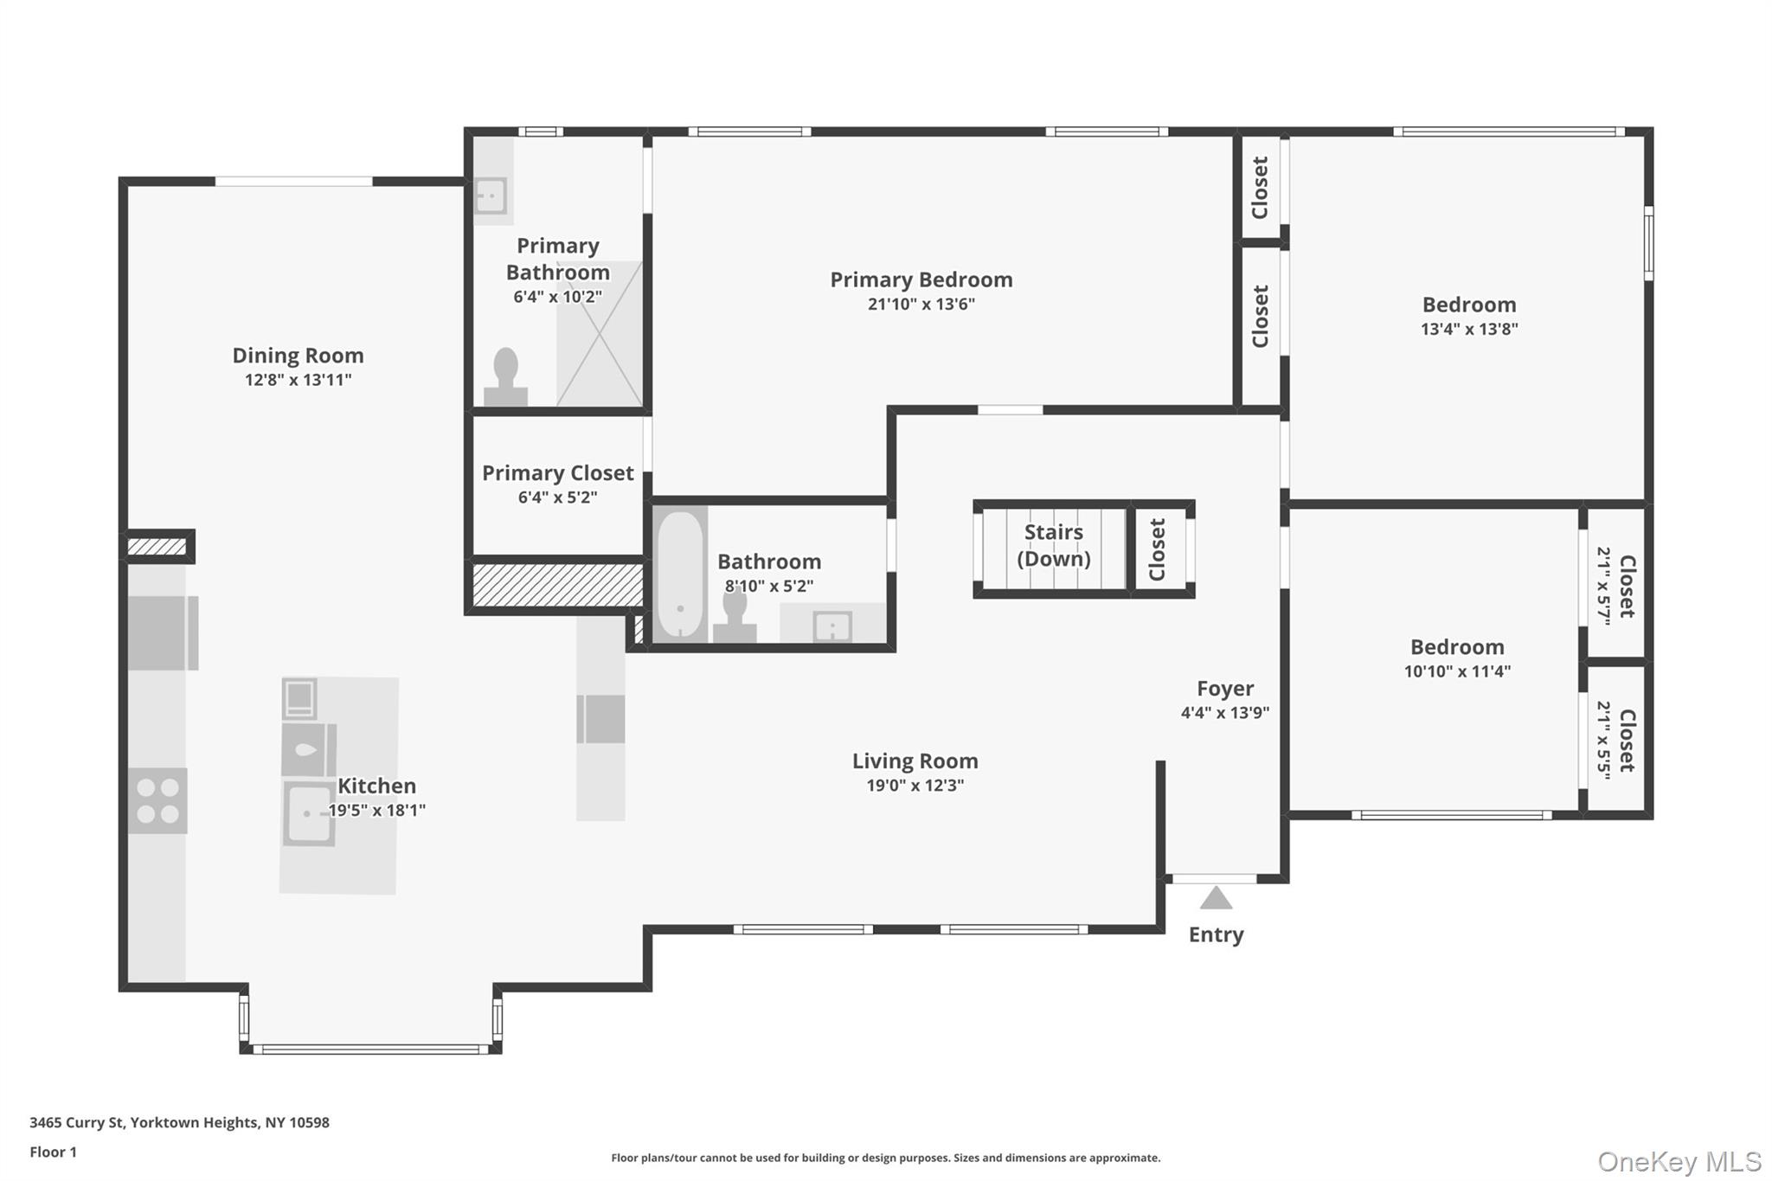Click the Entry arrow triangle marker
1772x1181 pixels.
coord(1216,899)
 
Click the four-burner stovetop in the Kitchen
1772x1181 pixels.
coord(157,801)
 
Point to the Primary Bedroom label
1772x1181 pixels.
coord(921,279)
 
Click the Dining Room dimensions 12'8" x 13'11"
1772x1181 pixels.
coord(298,380)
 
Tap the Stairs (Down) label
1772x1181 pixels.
coord(1053,545)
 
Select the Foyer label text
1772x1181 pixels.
coord(1224,689)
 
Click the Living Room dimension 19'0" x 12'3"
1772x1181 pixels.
coord(915,786)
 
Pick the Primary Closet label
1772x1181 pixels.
coord(557,473)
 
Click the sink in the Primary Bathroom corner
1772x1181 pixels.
coord(491,196)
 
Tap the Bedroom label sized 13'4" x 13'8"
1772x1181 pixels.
coord(1468,305)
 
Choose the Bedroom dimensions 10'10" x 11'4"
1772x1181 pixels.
coord(1457,671)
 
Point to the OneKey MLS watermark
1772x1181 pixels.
coord(1679,1161)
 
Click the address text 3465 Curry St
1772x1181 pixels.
coord(179,1122)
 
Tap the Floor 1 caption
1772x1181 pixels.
coord(53,1152)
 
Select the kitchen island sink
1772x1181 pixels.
coord(309,813)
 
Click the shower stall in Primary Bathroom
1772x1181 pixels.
coord(599,334)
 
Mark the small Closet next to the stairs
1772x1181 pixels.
coord(1159,549)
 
